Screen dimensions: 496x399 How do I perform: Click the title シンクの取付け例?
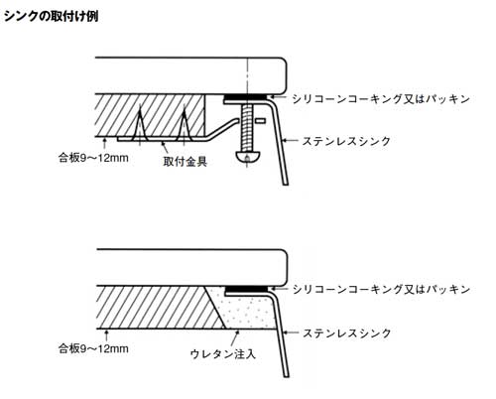pos(51,16)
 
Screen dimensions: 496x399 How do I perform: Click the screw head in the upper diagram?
pos(247,157)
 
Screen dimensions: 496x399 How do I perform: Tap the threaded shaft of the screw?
pos(247,128)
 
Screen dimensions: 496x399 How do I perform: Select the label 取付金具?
pos(186,161)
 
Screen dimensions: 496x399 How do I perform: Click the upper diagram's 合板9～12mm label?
pos(93,158)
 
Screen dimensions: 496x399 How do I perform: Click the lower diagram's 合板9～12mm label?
pos(93,348)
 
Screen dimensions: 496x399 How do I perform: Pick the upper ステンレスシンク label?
pos(346,141)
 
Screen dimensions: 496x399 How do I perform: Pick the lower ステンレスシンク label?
pos(347,332)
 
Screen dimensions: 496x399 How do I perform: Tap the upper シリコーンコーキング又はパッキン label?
pos(381,98)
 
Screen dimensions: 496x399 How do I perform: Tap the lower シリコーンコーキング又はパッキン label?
pos(381,289)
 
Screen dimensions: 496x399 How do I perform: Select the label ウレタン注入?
pos(223,354)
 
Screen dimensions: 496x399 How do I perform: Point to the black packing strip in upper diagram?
pos(245,97)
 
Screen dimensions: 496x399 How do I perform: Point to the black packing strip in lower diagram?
pos(246,289)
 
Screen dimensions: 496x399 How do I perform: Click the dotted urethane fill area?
pos(246,311)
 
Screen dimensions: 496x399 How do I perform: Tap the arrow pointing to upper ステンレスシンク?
pos(290,141)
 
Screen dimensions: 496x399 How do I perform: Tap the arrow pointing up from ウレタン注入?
pos(235,337)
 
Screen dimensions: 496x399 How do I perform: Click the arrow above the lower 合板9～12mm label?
pos(106,334)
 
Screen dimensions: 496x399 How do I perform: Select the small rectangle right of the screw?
pos(261,121)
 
